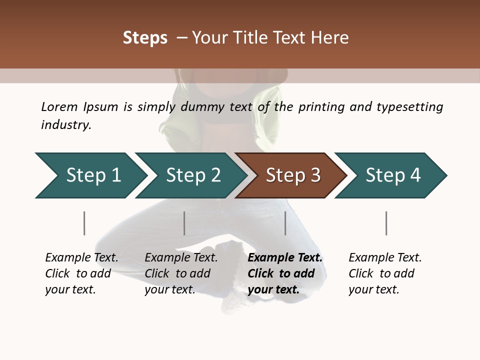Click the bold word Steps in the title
[145, 38]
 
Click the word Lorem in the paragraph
[59, 106]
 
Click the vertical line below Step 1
[84, 223]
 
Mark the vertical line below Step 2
[184, 223]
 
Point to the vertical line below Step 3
[285, 223]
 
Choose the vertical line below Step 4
[386, 223]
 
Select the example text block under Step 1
[81, 273]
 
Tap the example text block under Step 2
[181, 273]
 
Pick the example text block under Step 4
[385, 273]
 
